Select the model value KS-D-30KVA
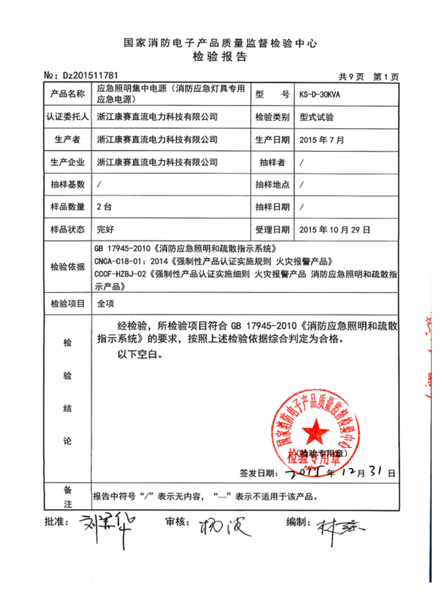319,95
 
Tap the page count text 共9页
351,76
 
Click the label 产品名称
68,94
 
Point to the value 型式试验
316,117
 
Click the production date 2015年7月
322,140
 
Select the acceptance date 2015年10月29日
334,229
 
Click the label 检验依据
68,267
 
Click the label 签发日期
256,473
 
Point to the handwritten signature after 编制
339,528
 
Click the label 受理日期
272,229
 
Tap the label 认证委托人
68,117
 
